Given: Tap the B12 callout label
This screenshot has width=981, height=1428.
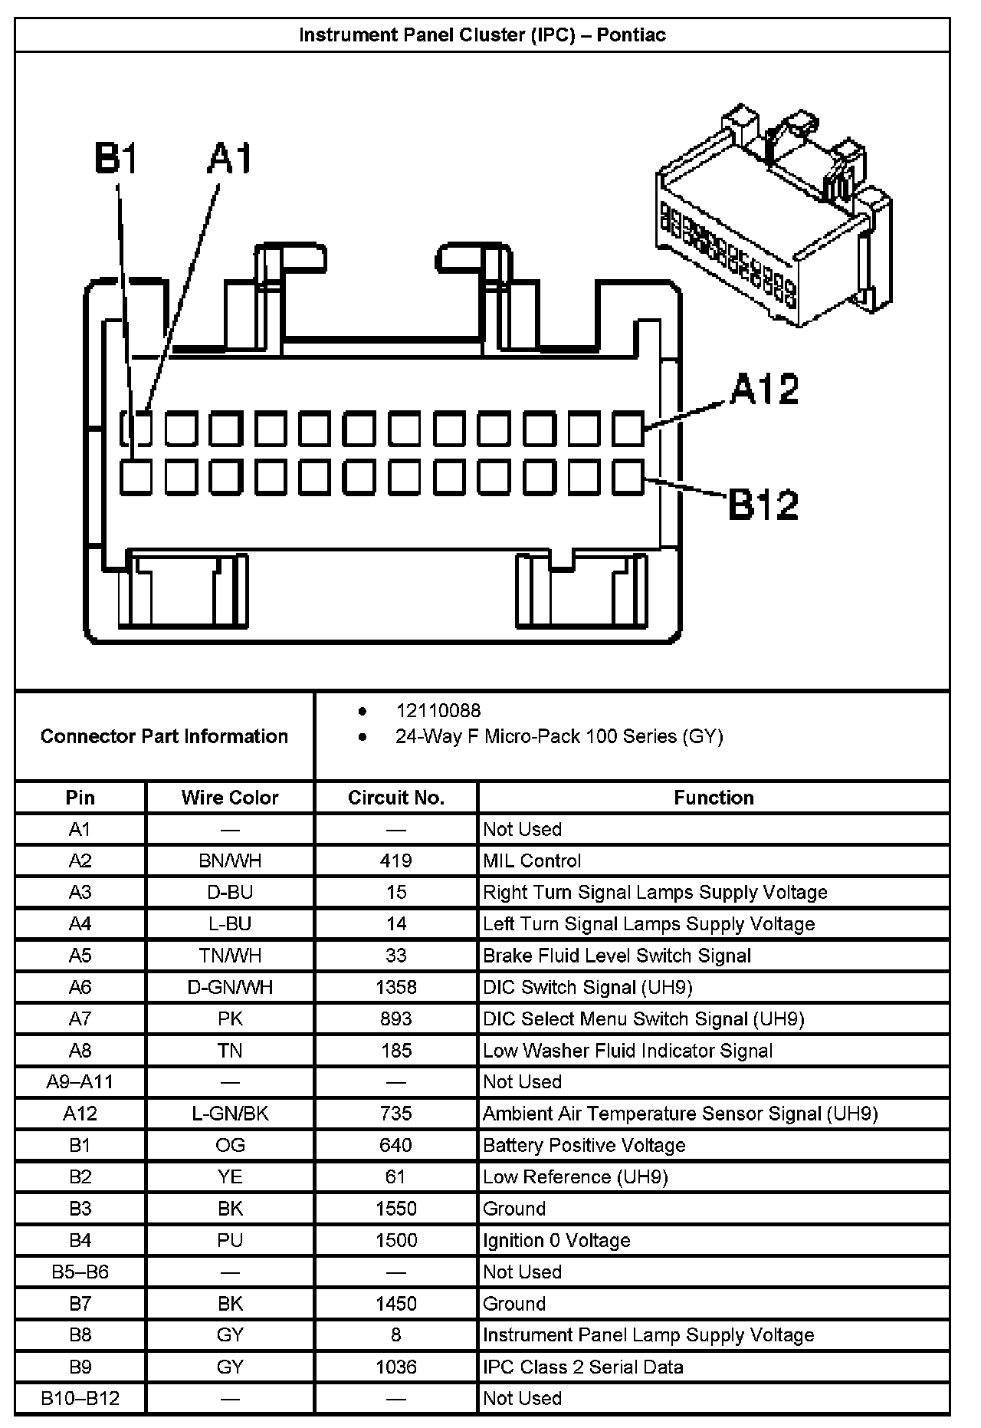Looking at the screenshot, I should point(763,504).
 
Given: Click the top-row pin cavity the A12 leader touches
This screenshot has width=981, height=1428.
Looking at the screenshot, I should point(628,429).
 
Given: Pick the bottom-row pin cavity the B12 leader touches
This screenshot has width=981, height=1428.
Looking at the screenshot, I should point(628,477).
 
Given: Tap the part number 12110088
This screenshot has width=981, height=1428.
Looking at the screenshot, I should point(438,711).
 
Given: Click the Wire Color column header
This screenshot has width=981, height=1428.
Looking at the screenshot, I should point(230,798).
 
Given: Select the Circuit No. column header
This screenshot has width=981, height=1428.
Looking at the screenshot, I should point(396,798).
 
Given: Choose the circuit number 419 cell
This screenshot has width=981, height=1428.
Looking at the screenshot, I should point(396,860).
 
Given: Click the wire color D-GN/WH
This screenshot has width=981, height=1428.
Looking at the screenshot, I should point(230,987).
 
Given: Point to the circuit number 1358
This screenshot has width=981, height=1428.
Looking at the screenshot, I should point(396,987).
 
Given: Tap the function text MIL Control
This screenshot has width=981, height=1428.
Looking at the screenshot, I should point(532,860).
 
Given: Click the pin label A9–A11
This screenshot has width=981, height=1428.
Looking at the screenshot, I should point(80,1082).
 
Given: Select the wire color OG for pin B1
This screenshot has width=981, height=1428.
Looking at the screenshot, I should point(230,1145).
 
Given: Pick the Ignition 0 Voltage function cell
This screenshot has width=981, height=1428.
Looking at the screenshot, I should point(556,1240).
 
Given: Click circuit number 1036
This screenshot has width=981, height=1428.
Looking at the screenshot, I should point(396,1367).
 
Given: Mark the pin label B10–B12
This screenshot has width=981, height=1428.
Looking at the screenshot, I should point(80,1398).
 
